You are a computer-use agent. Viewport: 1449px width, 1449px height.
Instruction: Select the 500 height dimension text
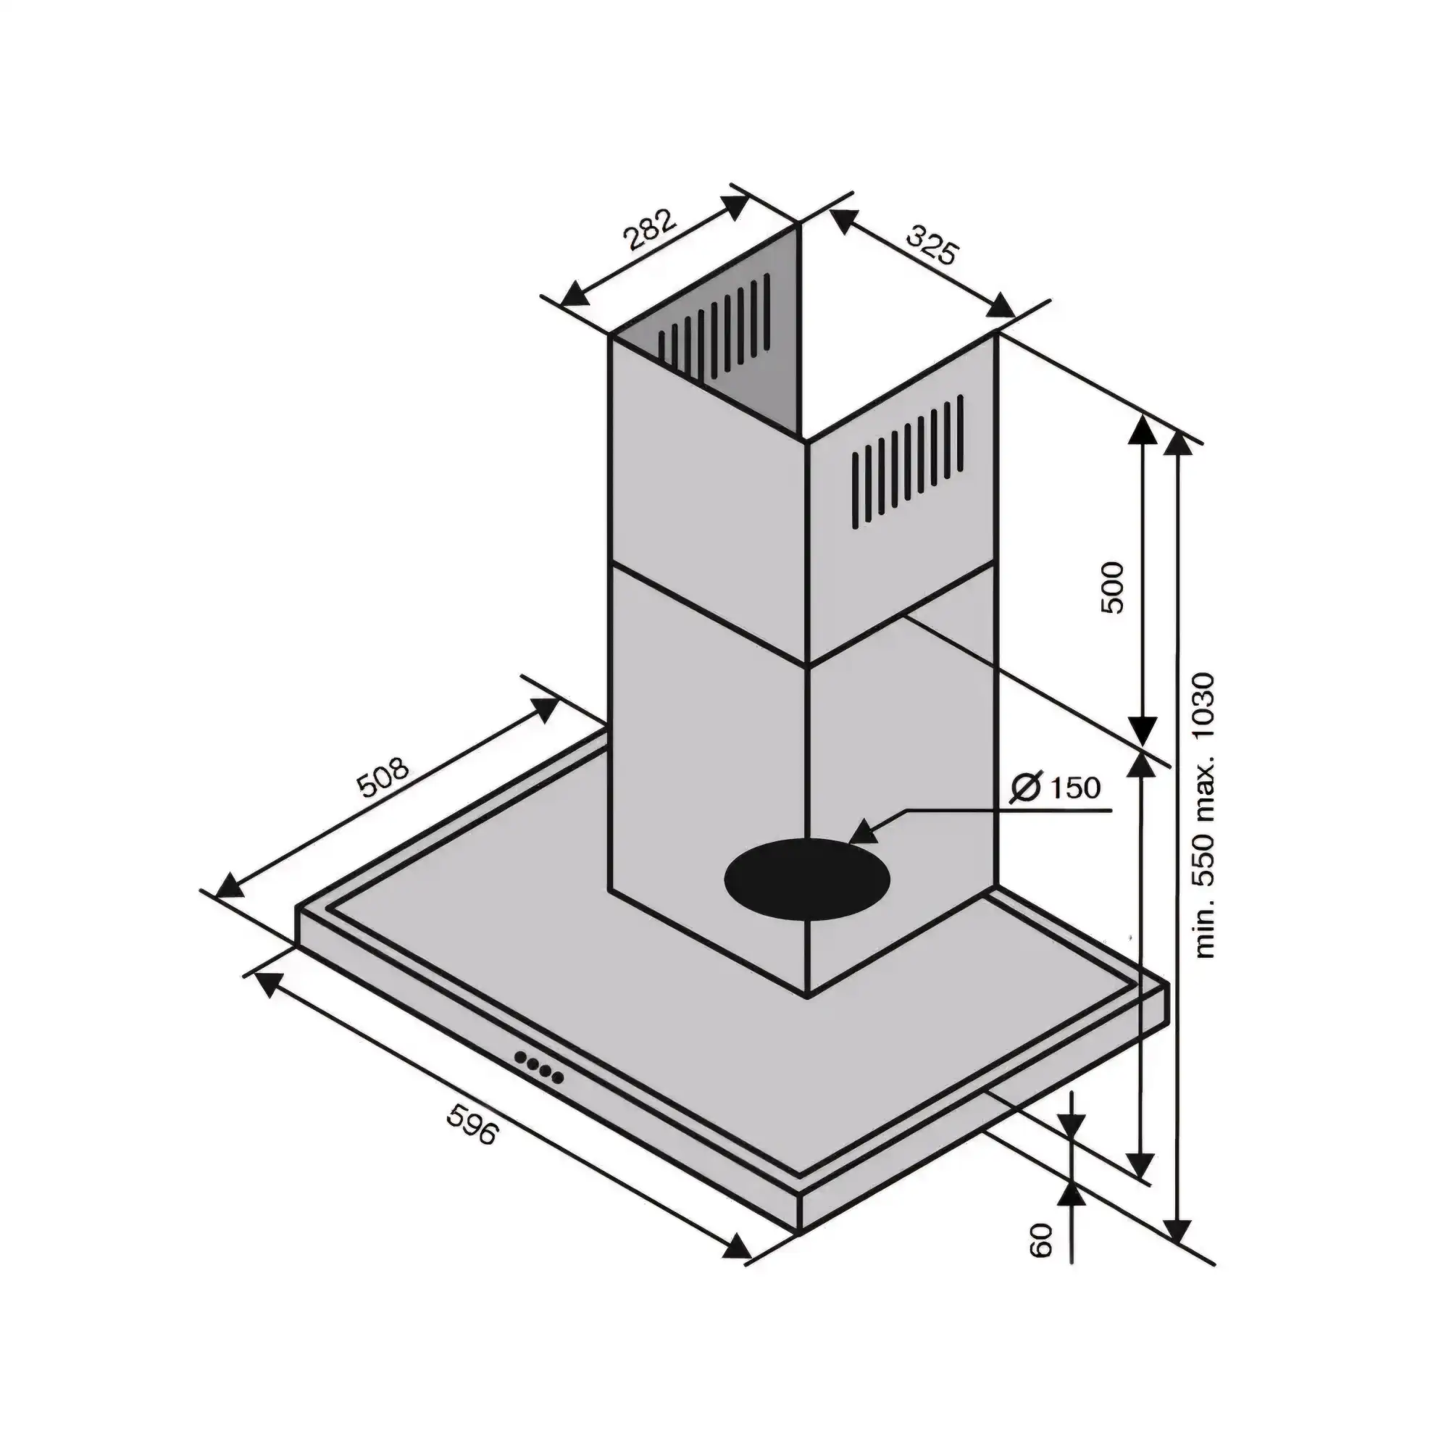(x=1112, y=588)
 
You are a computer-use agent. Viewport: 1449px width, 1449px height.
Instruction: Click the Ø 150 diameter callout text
(x=1056, y=788)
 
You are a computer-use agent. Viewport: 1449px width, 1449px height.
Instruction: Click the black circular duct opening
(x=808, y=882)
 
